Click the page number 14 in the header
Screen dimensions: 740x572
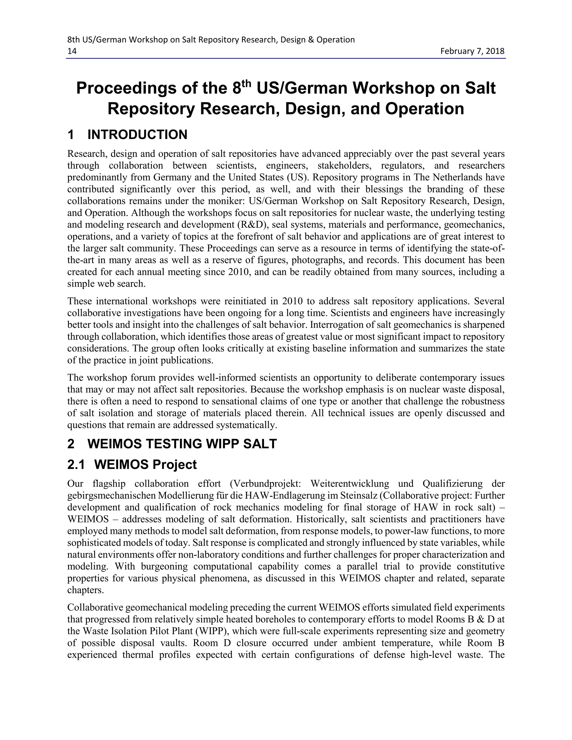pyautogui.click(x=72, y=51)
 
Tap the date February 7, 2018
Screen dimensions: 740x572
pyautogui.click(x=472, y=51)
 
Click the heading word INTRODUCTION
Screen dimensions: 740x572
pyautogui.click(x=137, y=135)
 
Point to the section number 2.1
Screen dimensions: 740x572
pyautogui.click(x=76, y=465)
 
